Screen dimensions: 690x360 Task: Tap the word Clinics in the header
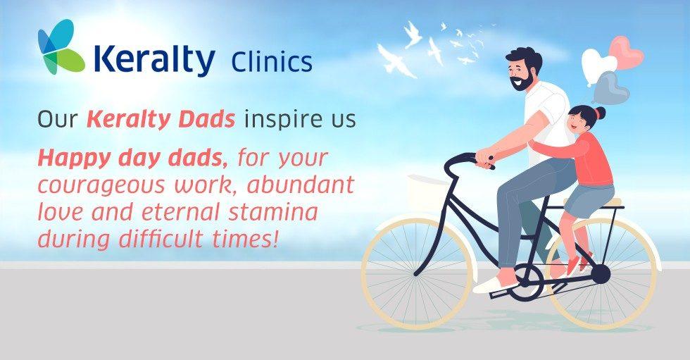coord(272,61)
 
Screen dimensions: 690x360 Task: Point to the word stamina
coord(272,212)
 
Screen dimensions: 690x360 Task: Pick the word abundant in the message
coord(301,184)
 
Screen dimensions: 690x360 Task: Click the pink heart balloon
coord(627,52)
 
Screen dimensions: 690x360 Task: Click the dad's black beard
coord(524,82)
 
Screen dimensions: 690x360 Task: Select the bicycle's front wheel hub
coord(417,273)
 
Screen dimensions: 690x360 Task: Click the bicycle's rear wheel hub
coord(601,274)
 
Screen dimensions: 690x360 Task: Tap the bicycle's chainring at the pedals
coord(526,282)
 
